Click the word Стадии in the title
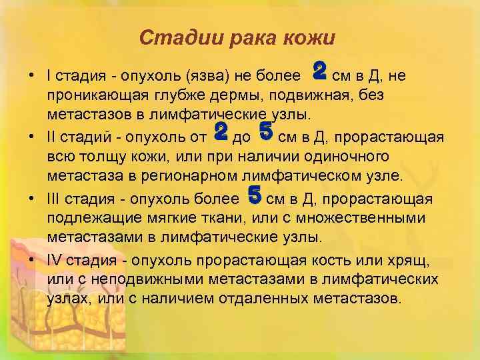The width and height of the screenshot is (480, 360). pyautogui.click(x=172, y=38)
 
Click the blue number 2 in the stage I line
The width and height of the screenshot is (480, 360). pyautogui.click(x=319, y=69)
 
